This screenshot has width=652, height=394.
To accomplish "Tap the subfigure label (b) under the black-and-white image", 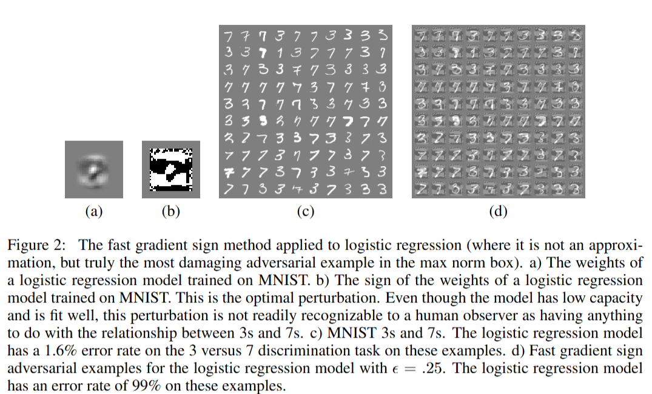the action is tap(170, 212).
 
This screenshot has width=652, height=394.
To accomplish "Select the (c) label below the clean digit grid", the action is tap(304, 212).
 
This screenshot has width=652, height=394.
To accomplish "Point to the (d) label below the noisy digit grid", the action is tap(498, 212).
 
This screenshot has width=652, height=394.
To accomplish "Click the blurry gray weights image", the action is tap(93, 169).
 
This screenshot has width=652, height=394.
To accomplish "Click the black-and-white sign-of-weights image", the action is tap(170, 169).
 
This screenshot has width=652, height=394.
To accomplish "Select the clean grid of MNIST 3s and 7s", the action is tap(304, 111).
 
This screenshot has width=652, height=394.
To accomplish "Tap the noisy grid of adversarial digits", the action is tap(499, 111).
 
